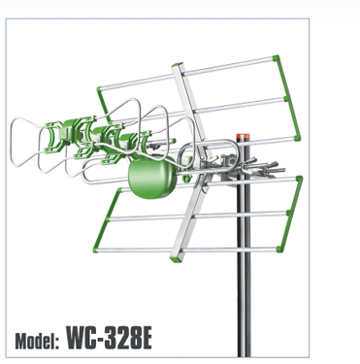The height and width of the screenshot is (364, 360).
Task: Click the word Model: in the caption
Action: coord(37,340)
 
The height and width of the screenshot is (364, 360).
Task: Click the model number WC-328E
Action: coord(109,338)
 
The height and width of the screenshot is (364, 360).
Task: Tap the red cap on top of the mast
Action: coord(243,137)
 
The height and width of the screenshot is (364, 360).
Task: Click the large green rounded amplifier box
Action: coord(152,177)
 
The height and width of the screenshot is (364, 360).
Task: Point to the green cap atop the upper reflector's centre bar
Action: coord(178,65)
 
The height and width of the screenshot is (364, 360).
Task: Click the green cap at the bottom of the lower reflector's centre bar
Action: coord(177,258)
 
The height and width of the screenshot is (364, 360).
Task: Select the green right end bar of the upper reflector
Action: coord(287,98)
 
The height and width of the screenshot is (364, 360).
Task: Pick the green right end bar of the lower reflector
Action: coord(289,214)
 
